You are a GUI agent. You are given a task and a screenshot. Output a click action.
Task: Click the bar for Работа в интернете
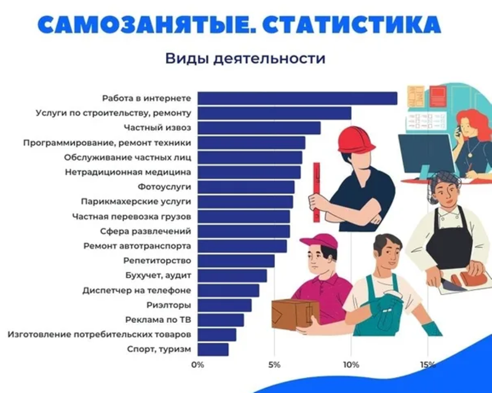click(x=298, y=98)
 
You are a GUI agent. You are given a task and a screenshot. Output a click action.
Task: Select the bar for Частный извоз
click(x=259, y=128)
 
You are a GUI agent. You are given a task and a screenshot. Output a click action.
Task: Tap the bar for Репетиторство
click(x=236, y=261)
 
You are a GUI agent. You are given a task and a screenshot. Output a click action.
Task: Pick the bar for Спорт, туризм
click(x=213, y=349)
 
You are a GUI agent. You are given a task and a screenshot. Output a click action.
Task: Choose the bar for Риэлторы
click(x=224, y=305)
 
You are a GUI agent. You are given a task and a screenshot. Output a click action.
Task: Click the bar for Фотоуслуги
click(x=246, y=187)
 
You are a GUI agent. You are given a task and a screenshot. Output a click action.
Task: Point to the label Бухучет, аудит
click(x=158, y=276)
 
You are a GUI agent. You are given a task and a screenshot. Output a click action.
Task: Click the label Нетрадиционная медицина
click(x=128, y=172)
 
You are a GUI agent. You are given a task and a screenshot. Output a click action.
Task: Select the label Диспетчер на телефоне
click(x=137, y=290)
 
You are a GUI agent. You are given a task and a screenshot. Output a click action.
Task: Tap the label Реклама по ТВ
click(x=158, y=320)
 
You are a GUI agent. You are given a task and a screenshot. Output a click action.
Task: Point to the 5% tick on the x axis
click(x=274, y=365)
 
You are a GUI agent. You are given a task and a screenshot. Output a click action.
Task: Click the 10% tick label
click(x=351, y=365)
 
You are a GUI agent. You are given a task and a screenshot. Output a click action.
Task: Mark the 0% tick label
click(x=197, y=365)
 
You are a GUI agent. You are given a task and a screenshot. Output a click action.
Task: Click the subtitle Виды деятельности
click(x=245, y=58)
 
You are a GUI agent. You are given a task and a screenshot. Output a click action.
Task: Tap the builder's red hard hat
click(x=357, y=140)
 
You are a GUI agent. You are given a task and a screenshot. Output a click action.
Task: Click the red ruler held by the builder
click(x=316, y=193)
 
